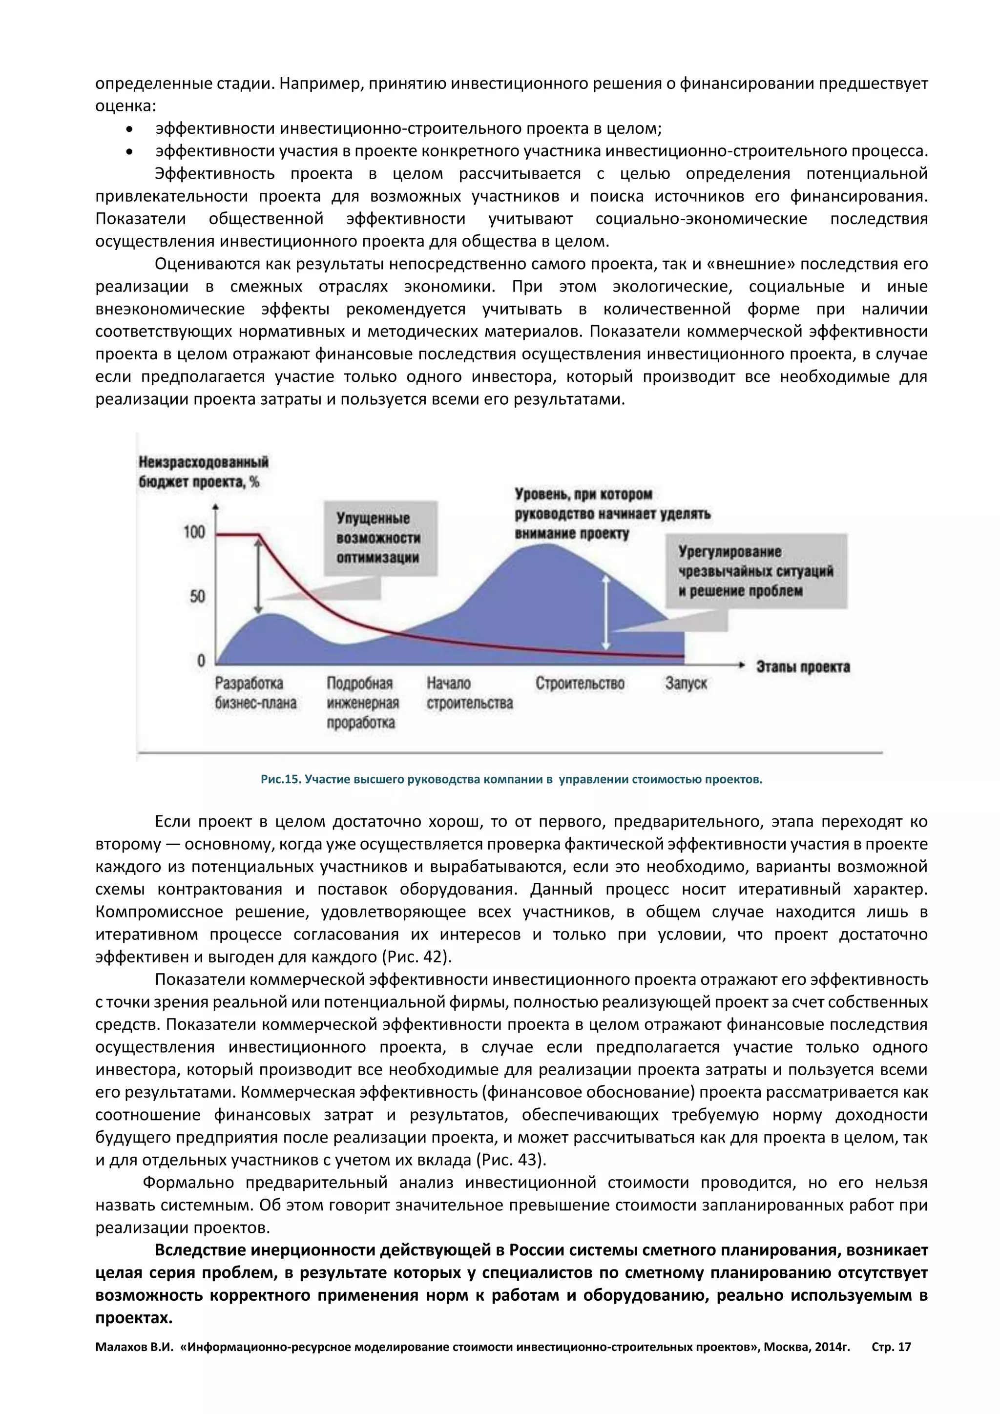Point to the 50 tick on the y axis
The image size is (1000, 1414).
pyautogui.click(x=197, y=596)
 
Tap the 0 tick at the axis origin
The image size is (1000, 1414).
pyautogui.click(x=201, y=661)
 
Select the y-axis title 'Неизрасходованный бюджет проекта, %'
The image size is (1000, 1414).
pyautogui.click(x=203, y=472)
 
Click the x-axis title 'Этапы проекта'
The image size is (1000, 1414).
pyautogui.click(x=803, y=667)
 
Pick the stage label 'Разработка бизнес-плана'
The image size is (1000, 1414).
pyautogui.click(x=255, y=693)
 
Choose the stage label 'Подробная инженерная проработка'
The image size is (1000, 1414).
pyautogui.click(x=363, y=703)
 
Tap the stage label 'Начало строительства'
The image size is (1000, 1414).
pyautogui.click(x=469, y=693)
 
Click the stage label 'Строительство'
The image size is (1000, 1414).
pyautogui.click(x=580, y=684)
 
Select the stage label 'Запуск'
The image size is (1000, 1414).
pyautogui.click(x=686, y=684)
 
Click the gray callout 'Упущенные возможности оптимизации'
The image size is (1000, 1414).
pyautogui.click(x=380, y=538)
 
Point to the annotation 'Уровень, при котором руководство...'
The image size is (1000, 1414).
pyautogui.click(x=612, y=514)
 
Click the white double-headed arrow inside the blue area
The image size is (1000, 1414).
pyautogui.click(x=606, y=612)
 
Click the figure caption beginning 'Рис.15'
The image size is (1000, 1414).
pyautogui.click(x=511, y=780)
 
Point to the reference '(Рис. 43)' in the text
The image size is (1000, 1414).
pyautogui.click(x=511, y=1160)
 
